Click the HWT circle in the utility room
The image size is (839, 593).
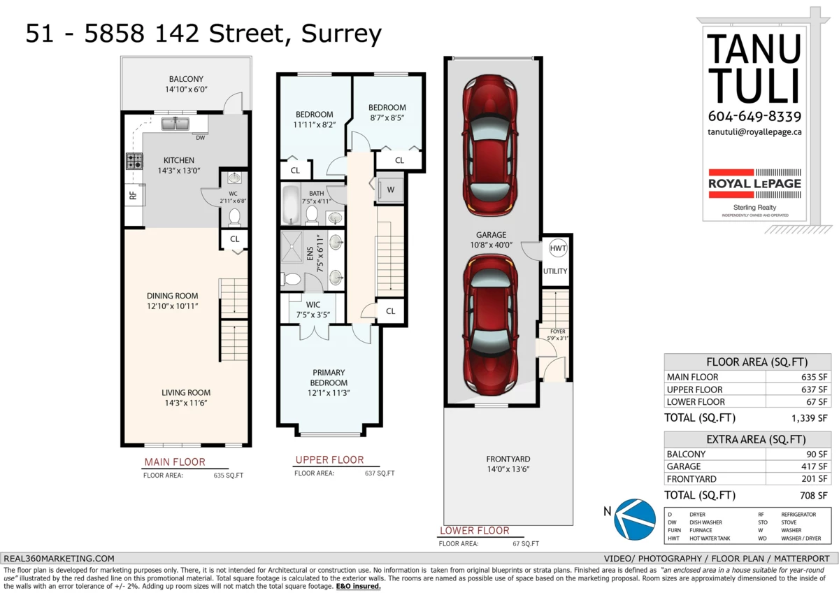click(x=558, y=248)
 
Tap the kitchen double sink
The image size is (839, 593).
click(x=175, y=123)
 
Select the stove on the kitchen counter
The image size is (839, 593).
click(x=134, y=161)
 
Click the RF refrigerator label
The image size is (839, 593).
click(x=133, y=195)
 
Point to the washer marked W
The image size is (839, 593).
click(x=391, y=190)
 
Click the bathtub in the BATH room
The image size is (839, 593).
click(x=291, y=204)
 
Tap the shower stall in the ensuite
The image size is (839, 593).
click(x=292, y=246)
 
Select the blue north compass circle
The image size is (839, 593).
click(x=636, y=519)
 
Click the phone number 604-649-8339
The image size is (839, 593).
click(x=754, y=117)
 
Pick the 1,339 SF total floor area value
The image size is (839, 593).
click(x=809, y=418)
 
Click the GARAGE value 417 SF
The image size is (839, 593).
click(x=814, y=466)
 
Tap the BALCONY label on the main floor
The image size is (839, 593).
click(x=186, y=79)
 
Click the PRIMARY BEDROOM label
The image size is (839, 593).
click(x=329, y=378)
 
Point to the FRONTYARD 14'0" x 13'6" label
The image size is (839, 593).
click(x=508, y=464)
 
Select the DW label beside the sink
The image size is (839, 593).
click(x=201, y=138)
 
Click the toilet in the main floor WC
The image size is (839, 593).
click(x=234, y=217)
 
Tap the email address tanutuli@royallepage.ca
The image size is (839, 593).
click(x=754, y=132)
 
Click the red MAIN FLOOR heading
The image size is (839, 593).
click(x=175, y=462)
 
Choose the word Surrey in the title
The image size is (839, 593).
click(x=341, y=34)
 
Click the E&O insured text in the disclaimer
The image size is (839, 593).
click(x=358, y=586)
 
